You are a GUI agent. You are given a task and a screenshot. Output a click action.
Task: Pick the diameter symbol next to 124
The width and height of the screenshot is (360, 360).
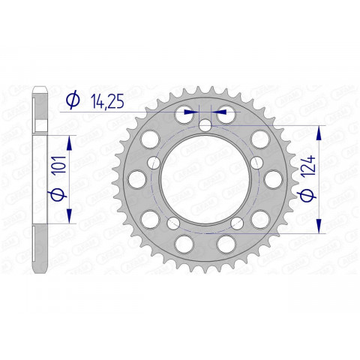[x=304, y=198]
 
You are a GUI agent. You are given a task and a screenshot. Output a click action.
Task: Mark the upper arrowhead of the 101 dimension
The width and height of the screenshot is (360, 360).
[x=70, y=141]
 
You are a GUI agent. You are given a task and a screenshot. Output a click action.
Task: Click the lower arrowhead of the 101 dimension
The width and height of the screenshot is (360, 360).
[x=70, y=217]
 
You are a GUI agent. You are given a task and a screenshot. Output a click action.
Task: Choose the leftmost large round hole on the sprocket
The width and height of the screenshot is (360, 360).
[x=137, y=179]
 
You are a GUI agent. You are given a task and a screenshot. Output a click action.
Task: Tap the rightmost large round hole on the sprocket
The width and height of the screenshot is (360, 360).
[x=268, y=179]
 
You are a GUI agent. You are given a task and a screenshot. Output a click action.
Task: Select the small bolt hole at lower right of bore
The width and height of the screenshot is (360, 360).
[x=236, y=222]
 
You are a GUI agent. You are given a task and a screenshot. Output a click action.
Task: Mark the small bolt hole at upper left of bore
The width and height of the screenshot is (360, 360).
[x=154, y=162]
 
